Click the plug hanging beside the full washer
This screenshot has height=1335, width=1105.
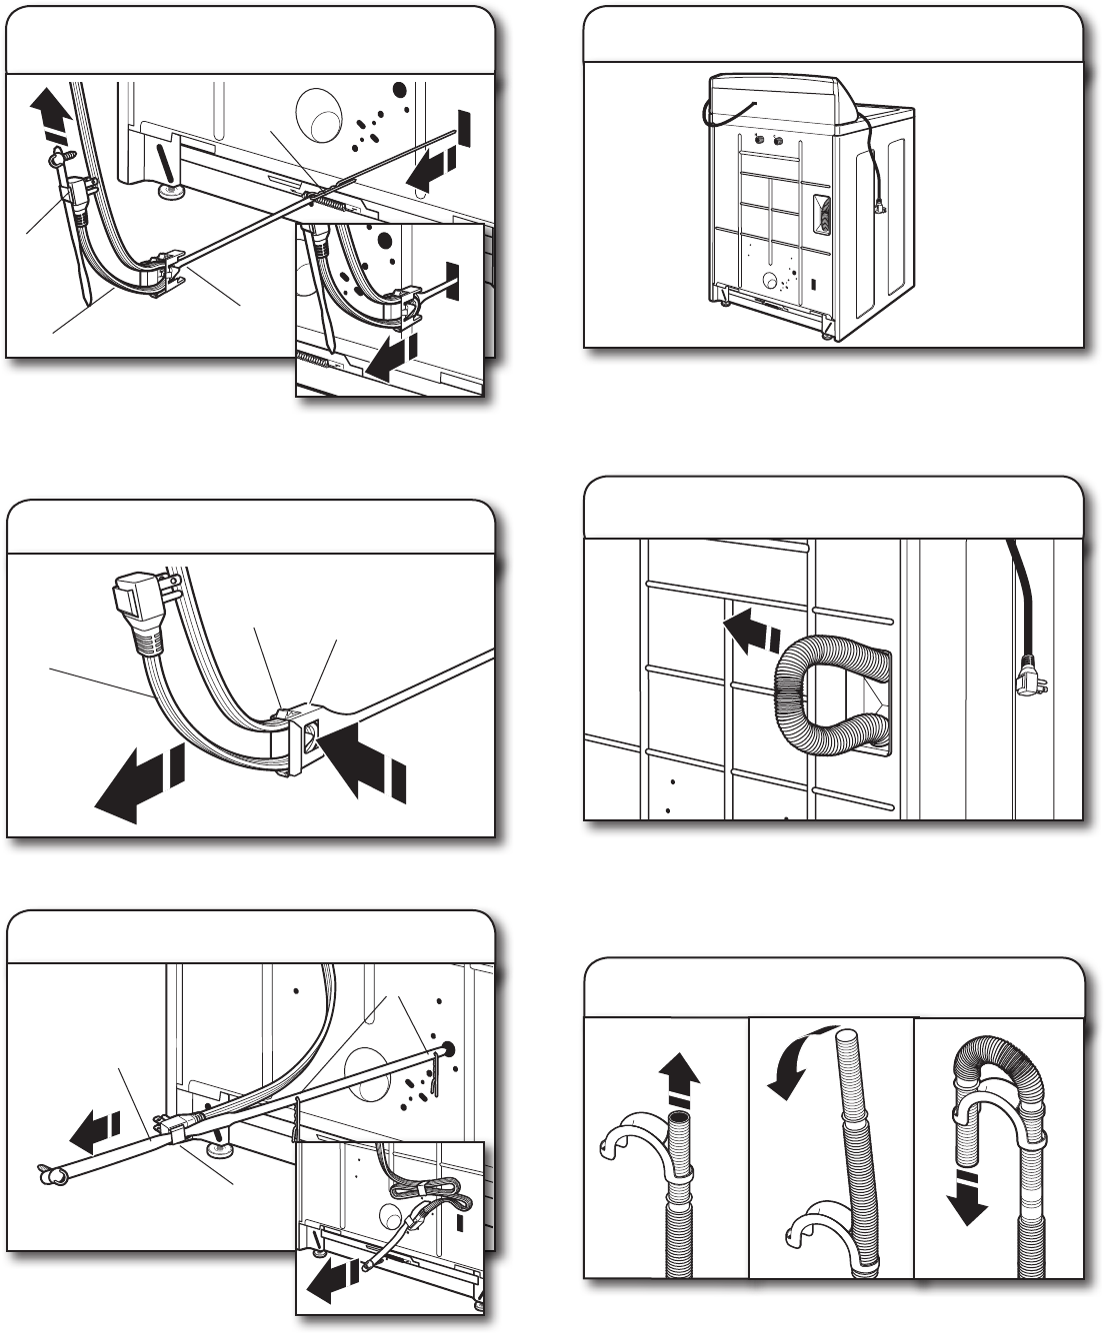click(879, 207)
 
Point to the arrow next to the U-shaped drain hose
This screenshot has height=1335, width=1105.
click(749, 635)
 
